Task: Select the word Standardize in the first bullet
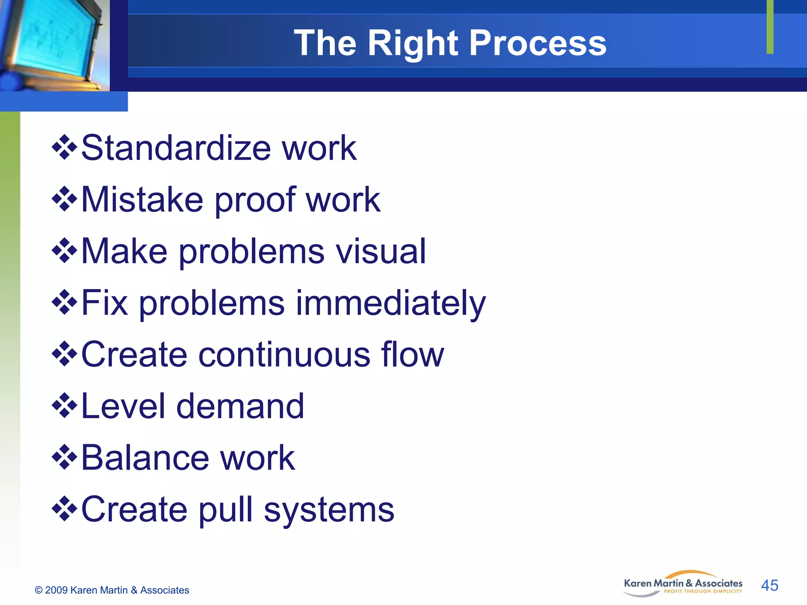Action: tap(176, 148)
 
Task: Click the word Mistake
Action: tap(142, 200)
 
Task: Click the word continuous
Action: tap(284, 354)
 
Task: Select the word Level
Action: tap(123, 406)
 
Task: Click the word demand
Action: tap(240, 406)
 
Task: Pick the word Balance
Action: tap(145, 458)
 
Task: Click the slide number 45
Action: tap(769, 585)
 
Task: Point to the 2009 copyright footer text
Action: tap(112, 590)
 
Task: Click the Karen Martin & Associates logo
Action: tap(683, 584)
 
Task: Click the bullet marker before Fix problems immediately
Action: tap(64, 302)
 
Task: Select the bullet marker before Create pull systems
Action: tap(64, 509)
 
